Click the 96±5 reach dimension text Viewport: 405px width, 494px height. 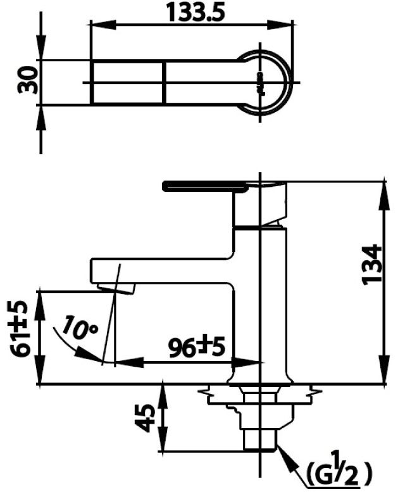click(x=197, y=346)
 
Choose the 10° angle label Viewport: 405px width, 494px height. click(x=82, y=329)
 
